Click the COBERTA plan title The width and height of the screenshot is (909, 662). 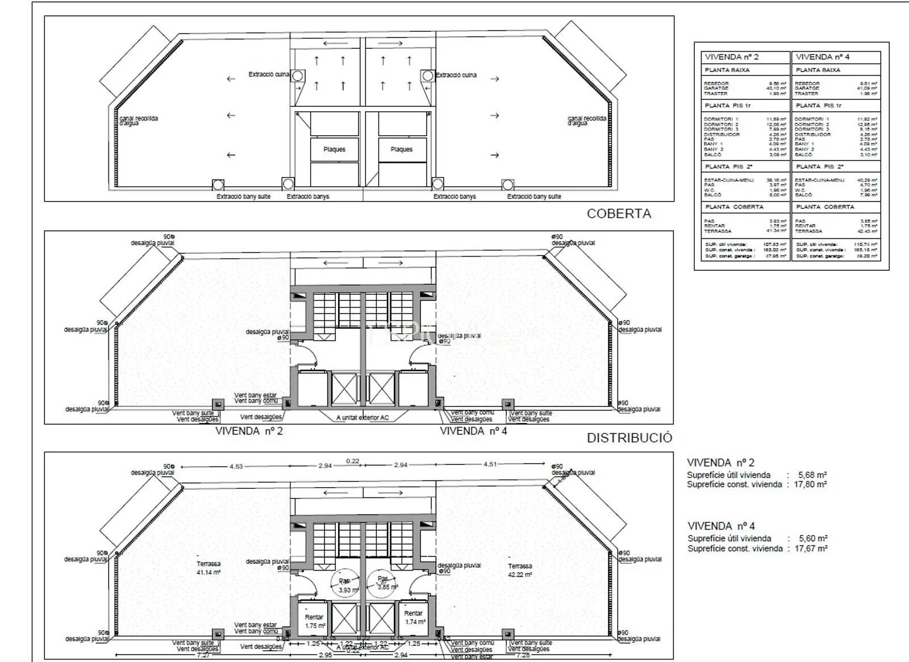pos(619,214)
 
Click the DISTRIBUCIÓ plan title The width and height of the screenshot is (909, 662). pos(629,438)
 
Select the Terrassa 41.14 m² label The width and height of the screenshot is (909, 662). pos(209,568)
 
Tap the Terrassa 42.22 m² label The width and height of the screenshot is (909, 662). pos(520,570)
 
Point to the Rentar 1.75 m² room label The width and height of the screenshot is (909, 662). pos(314,621)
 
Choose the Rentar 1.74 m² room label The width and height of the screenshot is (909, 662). pos(414,617)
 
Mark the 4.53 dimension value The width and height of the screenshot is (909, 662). pos(236,467)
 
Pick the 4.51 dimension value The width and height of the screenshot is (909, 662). pos(490,464)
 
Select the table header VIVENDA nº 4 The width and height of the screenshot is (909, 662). pos(822,57)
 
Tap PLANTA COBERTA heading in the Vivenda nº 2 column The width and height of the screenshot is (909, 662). pos(734,207)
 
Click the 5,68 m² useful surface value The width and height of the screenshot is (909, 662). pos(812,475)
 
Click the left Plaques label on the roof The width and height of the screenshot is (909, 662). pos(334,149)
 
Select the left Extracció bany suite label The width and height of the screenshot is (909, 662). pos(243,196)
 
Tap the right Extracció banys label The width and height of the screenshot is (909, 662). pos(454,196)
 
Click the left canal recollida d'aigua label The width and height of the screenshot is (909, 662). pos(138,120)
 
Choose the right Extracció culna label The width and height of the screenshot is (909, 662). pos(456,75)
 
